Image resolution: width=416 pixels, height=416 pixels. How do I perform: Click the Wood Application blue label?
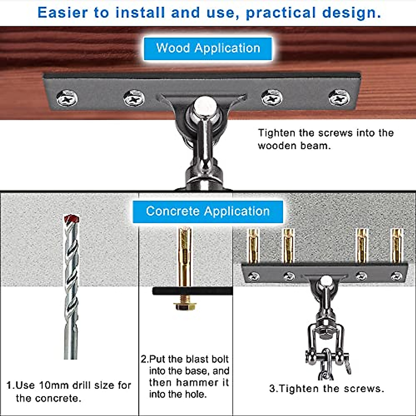point(208,48)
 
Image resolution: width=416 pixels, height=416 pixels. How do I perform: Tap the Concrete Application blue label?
point(208,211)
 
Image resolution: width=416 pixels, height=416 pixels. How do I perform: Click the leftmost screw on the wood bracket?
point(67,98)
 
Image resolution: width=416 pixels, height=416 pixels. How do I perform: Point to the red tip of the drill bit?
point(72,219)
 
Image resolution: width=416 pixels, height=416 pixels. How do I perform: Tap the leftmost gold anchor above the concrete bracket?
point(253,246)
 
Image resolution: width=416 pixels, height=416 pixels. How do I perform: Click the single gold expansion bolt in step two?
point(185,257)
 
